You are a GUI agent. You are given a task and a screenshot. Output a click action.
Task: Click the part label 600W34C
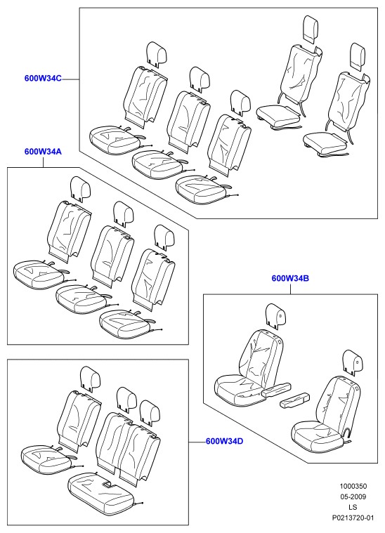click(x=43, y=78)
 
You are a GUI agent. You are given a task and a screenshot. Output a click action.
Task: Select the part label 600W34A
click(x=43, y=152)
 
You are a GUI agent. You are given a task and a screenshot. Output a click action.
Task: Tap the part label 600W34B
click(x=290, y=278)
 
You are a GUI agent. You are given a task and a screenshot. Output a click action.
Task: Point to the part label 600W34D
click(x=225, y=441)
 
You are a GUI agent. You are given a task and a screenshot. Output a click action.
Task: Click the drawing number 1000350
click(x=353, y=487)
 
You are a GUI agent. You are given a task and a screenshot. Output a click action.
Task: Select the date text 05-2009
click(x=353, y=496)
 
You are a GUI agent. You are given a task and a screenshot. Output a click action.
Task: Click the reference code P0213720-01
click(x=353, y=518)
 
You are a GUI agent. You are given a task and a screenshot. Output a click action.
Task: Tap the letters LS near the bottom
click(x=353, y=507)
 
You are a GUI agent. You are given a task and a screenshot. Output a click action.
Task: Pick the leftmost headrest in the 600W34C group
click(x=157, y=53)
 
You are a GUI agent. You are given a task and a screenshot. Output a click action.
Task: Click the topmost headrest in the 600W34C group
click(x=311, y=29)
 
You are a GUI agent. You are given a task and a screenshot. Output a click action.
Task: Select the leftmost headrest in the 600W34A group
click(x=81, y=188)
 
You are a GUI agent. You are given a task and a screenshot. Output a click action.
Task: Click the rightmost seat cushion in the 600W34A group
click(x=126, y=324)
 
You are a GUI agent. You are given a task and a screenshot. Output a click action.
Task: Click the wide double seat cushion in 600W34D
click(x=101, y=491)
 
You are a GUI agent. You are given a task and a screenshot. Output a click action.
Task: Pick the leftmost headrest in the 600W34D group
click(x=91, y=377)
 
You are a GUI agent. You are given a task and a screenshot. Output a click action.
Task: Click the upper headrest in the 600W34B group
click(x=276, y=316)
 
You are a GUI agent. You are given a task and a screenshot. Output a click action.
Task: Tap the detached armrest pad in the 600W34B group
click(x=294, y=400)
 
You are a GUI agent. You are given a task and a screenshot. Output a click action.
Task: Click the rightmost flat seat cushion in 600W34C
click(x=326, y=143)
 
